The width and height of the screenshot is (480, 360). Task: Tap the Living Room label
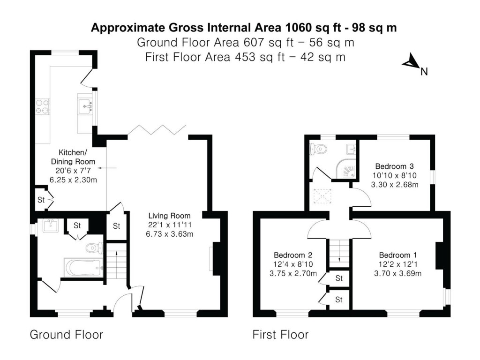click(x=169, y=216)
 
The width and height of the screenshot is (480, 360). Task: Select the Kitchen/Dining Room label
click(x=76, y=157)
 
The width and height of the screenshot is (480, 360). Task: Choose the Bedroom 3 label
click(x=394, y=166)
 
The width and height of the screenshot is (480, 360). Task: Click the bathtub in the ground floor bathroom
click(x=83, y=268)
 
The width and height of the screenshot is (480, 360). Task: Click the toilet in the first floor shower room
click(x=319, y=149)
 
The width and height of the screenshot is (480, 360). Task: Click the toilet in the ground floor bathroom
click(x=94, y=247)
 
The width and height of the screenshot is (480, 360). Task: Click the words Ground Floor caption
click(x=66, y=335)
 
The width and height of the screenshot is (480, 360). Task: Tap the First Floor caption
click(x=280, y=335)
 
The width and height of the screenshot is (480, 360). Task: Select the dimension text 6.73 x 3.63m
click(x=169, y=234)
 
